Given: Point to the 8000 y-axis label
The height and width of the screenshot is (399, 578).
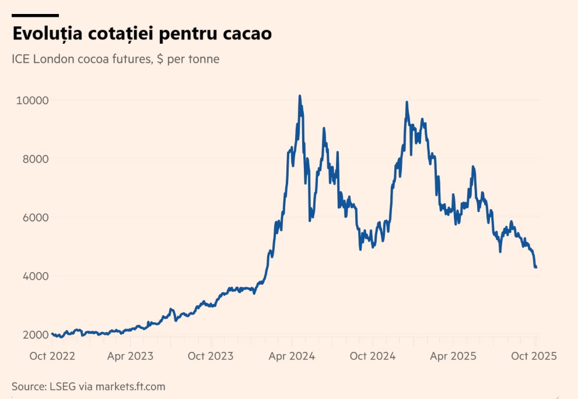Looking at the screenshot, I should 33,159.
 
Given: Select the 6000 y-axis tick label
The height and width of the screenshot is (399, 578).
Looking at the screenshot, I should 33,217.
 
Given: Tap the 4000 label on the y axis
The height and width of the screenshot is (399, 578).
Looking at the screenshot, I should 33,276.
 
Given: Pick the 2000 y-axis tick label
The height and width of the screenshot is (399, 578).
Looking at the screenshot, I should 33,335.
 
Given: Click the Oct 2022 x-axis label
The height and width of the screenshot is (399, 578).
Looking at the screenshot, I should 52,356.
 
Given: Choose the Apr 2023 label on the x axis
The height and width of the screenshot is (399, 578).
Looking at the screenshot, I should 130,356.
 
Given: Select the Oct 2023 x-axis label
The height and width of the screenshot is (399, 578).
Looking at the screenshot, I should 211,356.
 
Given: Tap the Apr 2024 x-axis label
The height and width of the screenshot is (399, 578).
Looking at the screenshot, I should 292,356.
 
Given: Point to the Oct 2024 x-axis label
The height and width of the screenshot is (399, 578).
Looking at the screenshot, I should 373,356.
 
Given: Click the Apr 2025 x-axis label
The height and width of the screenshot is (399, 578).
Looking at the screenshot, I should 453,356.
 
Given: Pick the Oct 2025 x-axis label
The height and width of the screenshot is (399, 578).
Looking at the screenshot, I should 534,356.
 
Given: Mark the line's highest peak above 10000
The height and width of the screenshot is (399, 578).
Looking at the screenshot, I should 300,96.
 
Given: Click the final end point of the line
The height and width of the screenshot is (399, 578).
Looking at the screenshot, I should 536,267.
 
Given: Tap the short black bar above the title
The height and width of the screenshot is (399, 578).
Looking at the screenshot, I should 36,15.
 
